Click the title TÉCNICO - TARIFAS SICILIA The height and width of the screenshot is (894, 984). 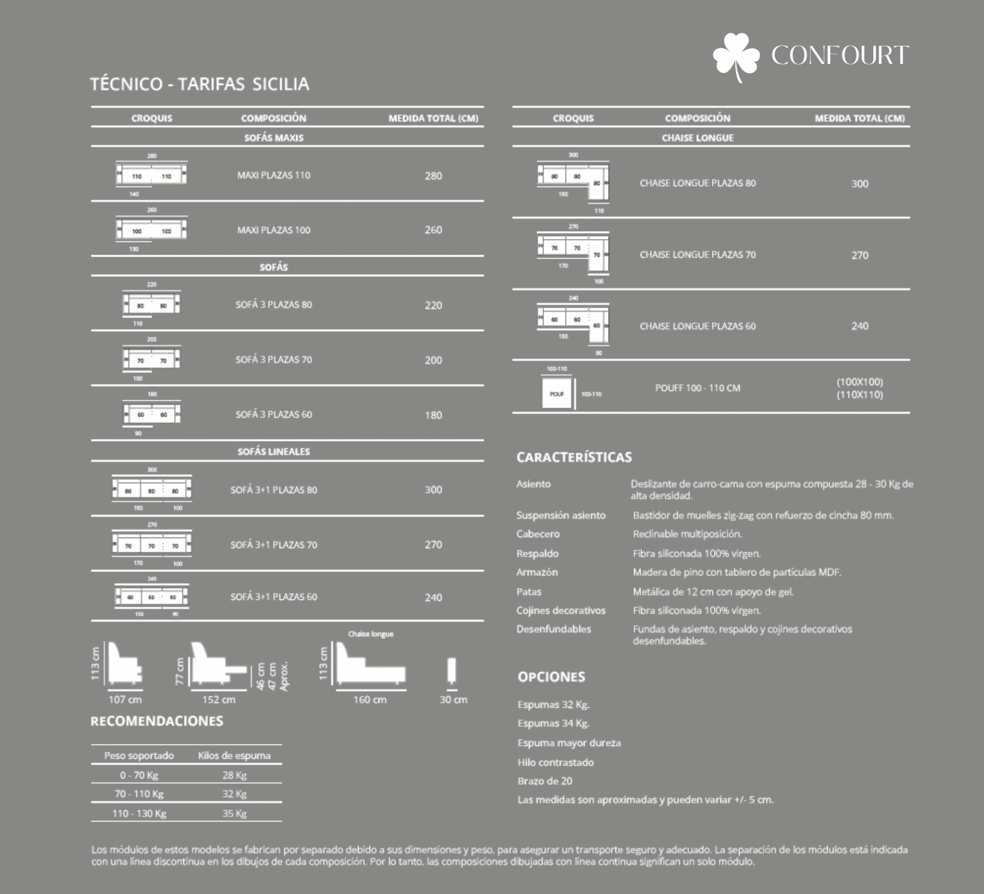(x=199, y=84)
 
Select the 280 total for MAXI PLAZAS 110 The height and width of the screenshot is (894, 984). (x=433, y=176)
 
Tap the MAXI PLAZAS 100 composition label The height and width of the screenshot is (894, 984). (x=274, y=230)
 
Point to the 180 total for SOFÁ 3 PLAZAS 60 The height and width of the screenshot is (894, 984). (x=433, y=415)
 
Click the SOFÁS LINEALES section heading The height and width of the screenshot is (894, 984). (x=274, y=451)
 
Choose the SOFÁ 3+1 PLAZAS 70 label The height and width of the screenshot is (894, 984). (x=274, y=545)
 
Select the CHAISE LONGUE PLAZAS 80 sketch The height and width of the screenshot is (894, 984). (x=573, y=182)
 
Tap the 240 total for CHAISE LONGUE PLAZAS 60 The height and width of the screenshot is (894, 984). (x=859, y=326)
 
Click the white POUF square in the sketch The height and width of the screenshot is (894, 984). (x=557, y=394)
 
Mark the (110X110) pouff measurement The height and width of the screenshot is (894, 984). (x=859, y=395)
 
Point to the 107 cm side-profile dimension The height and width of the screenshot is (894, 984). (x=125, y=699)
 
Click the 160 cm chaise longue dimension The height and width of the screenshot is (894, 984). (x=370, y=699)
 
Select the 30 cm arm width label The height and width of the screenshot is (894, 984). (x=453, y=699)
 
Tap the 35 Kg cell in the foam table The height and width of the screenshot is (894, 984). (x=234, y=813)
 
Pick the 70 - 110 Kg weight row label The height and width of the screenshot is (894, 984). (x=139, y=794)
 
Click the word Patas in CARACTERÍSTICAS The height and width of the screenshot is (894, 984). (x=528, y=592)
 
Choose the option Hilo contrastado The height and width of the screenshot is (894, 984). (x=556, y=762)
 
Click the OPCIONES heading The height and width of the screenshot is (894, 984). (x=551, y=677)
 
